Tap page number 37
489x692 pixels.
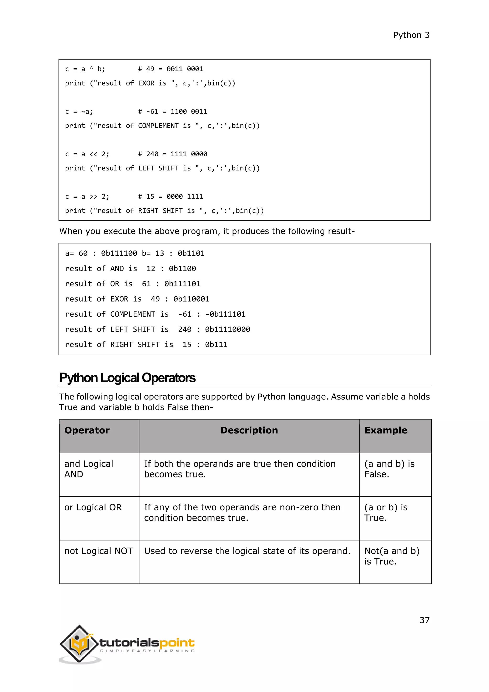coord(424,620)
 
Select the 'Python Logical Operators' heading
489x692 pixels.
coord(127,378)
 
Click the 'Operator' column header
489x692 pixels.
coord(87,430)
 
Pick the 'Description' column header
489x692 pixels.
coord(249,430)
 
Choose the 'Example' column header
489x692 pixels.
coord(386,430)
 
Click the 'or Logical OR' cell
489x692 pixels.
coord(93,507)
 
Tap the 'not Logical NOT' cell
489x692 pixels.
coord(98,551)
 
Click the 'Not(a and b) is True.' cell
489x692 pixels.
coord(391,556)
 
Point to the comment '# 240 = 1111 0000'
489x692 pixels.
coord(173,154)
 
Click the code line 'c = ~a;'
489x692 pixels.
coord(79,112)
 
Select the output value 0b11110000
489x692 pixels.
coord(227,330)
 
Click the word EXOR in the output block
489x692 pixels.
coord(119,299)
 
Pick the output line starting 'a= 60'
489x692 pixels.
coord(135,254)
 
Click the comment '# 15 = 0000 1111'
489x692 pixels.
coord(170,196)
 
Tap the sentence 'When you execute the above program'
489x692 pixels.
coord(207,231)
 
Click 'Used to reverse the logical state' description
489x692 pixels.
coord(247,551)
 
